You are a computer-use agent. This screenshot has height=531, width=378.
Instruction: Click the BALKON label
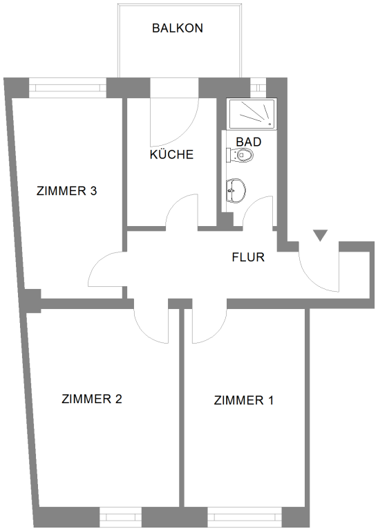tap(178, 28)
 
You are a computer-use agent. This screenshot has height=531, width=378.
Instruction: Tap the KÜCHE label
tap(171, 154)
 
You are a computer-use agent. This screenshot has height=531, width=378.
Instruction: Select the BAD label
tap(249, 142)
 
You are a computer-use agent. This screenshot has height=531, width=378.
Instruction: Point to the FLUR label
tap(248, 257)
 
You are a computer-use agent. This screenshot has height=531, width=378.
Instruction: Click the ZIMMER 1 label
tap(244, 400)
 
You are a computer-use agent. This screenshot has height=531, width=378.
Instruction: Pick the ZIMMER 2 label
tap(92, 399)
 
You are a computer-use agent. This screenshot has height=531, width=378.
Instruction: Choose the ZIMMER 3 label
tap(66, 191)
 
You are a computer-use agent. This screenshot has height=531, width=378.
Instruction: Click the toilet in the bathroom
tap(240, 156)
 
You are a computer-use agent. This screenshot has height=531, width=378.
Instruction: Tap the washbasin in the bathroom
tap(236, 191)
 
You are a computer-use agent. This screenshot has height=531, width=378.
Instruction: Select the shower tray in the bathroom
tap(252, 114)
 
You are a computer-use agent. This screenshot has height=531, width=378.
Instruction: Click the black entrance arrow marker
tap(320, 235)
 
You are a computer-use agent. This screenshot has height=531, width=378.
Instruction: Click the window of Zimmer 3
tap(68, 88)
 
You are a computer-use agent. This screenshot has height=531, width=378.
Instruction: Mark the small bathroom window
tap(258, 87)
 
